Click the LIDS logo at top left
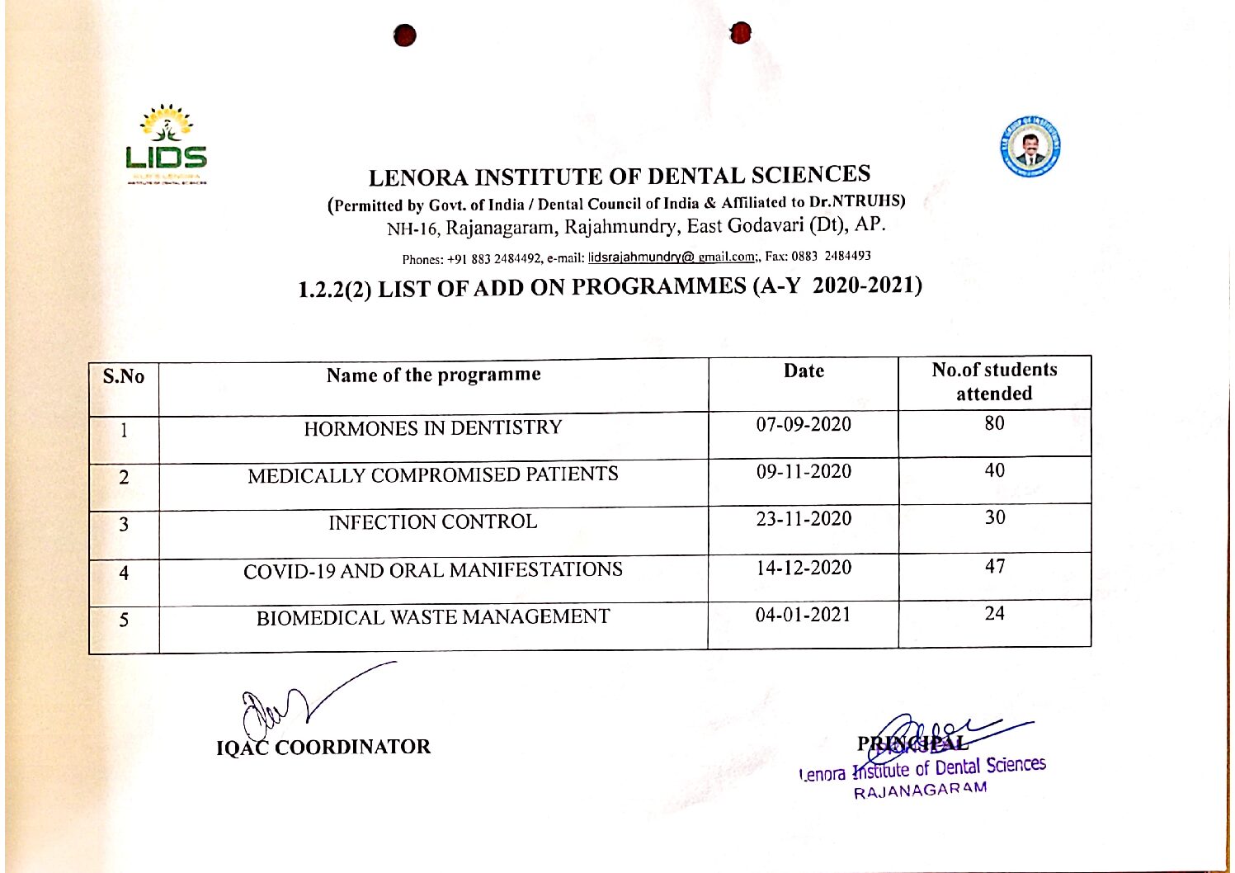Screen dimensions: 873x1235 [167, 144]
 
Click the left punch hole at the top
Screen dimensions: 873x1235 [404, 35]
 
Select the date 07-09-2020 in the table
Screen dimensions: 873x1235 [804, 425]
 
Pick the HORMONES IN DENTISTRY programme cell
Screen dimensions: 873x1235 [433, 428]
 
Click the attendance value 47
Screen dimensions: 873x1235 [995, 567]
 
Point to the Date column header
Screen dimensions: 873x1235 [804, 371]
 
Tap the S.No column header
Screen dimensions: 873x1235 [124, 377]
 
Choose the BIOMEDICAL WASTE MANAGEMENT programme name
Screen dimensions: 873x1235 [433, 618]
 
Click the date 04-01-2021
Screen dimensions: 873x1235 [803, 615]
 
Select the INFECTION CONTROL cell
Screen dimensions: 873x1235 [433, 522]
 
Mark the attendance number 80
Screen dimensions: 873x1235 [995, 423]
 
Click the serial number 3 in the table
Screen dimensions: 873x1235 [124, 525]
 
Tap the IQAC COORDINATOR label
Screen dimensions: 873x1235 [323, 748]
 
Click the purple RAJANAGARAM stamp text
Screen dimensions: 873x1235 [920, 790]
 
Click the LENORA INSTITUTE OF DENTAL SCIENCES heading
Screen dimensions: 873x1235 [619, 177]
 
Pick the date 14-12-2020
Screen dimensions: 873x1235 [804, 568]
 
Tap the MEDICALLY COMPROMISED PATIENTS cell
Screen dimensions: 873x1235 [433, 475]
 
